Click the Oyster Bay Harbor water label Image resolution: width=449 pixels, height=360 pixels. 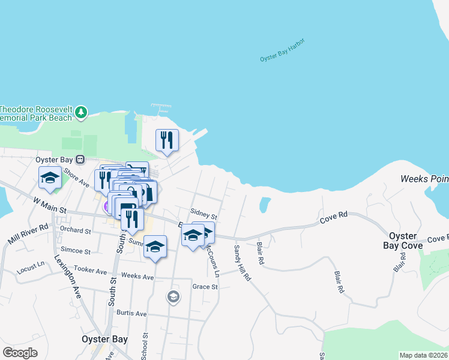282,50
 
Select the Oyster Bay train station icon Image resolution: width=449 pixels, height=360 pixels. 79,160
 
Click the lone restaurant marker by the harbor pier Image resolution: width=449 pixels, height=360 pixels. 167,140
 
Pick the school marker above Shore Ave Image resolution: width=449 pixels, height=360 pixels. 50,178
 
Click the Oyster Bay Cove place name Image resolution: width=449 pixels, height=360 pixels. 408,241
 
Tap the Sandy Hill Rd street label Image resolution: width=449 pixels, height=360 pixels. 243,263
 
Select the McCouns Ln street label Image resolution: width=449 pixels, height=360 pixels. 212,259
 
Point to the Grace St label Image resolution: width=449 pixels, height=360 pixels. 205,287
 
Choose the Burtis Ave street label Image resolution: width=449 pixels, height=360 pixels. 132,313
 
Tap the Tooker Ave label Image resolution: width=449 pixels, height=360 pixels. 89,270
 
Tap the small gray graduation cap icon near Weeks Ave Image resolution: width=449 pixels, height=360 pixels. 173,296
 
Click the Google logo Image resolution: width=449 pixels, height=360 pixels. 20,353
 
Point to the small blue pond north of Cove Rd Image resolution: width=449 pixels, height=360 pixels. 264,205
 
